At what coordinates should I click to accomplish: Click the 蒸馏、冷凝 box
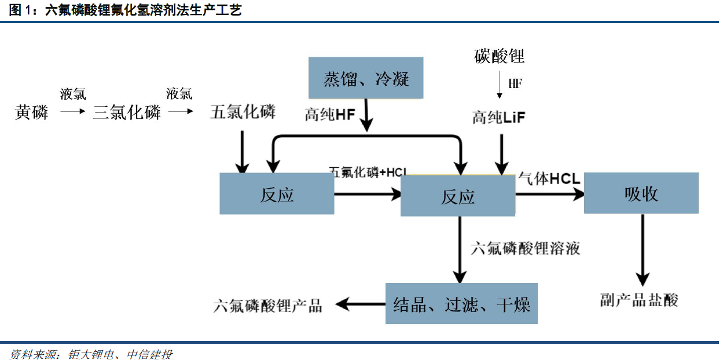coord(366,78)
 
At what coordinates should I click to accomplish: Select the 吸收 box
coord(641,193)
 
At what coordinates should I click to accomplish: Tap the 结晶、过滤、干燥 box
coord(461,303)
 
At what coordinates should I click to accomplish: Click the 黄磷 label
coord(31,112)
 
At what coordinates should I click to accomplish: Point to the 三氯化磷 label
coord(127,112)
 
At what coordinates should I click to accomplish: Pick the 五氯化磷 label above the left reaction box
coord(243,112)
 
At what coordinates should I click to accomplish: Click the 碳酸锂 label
coord(499,57)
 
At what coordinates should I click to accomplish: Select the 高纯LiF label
coord(499,117)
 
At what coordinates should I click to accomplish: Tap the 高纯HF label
coord(330,115)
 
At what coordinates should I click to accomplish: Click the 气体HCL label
coord(549,179)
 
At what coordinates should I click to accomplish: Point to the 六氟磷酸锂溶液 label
coord(526,249)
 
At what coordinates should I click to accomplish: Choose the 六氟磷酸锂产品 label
coord(267,305)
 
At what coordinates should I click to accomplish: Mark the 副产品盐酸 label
coord(638,300)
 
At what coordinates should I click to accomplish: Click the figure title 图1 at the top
coord(125,10)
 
